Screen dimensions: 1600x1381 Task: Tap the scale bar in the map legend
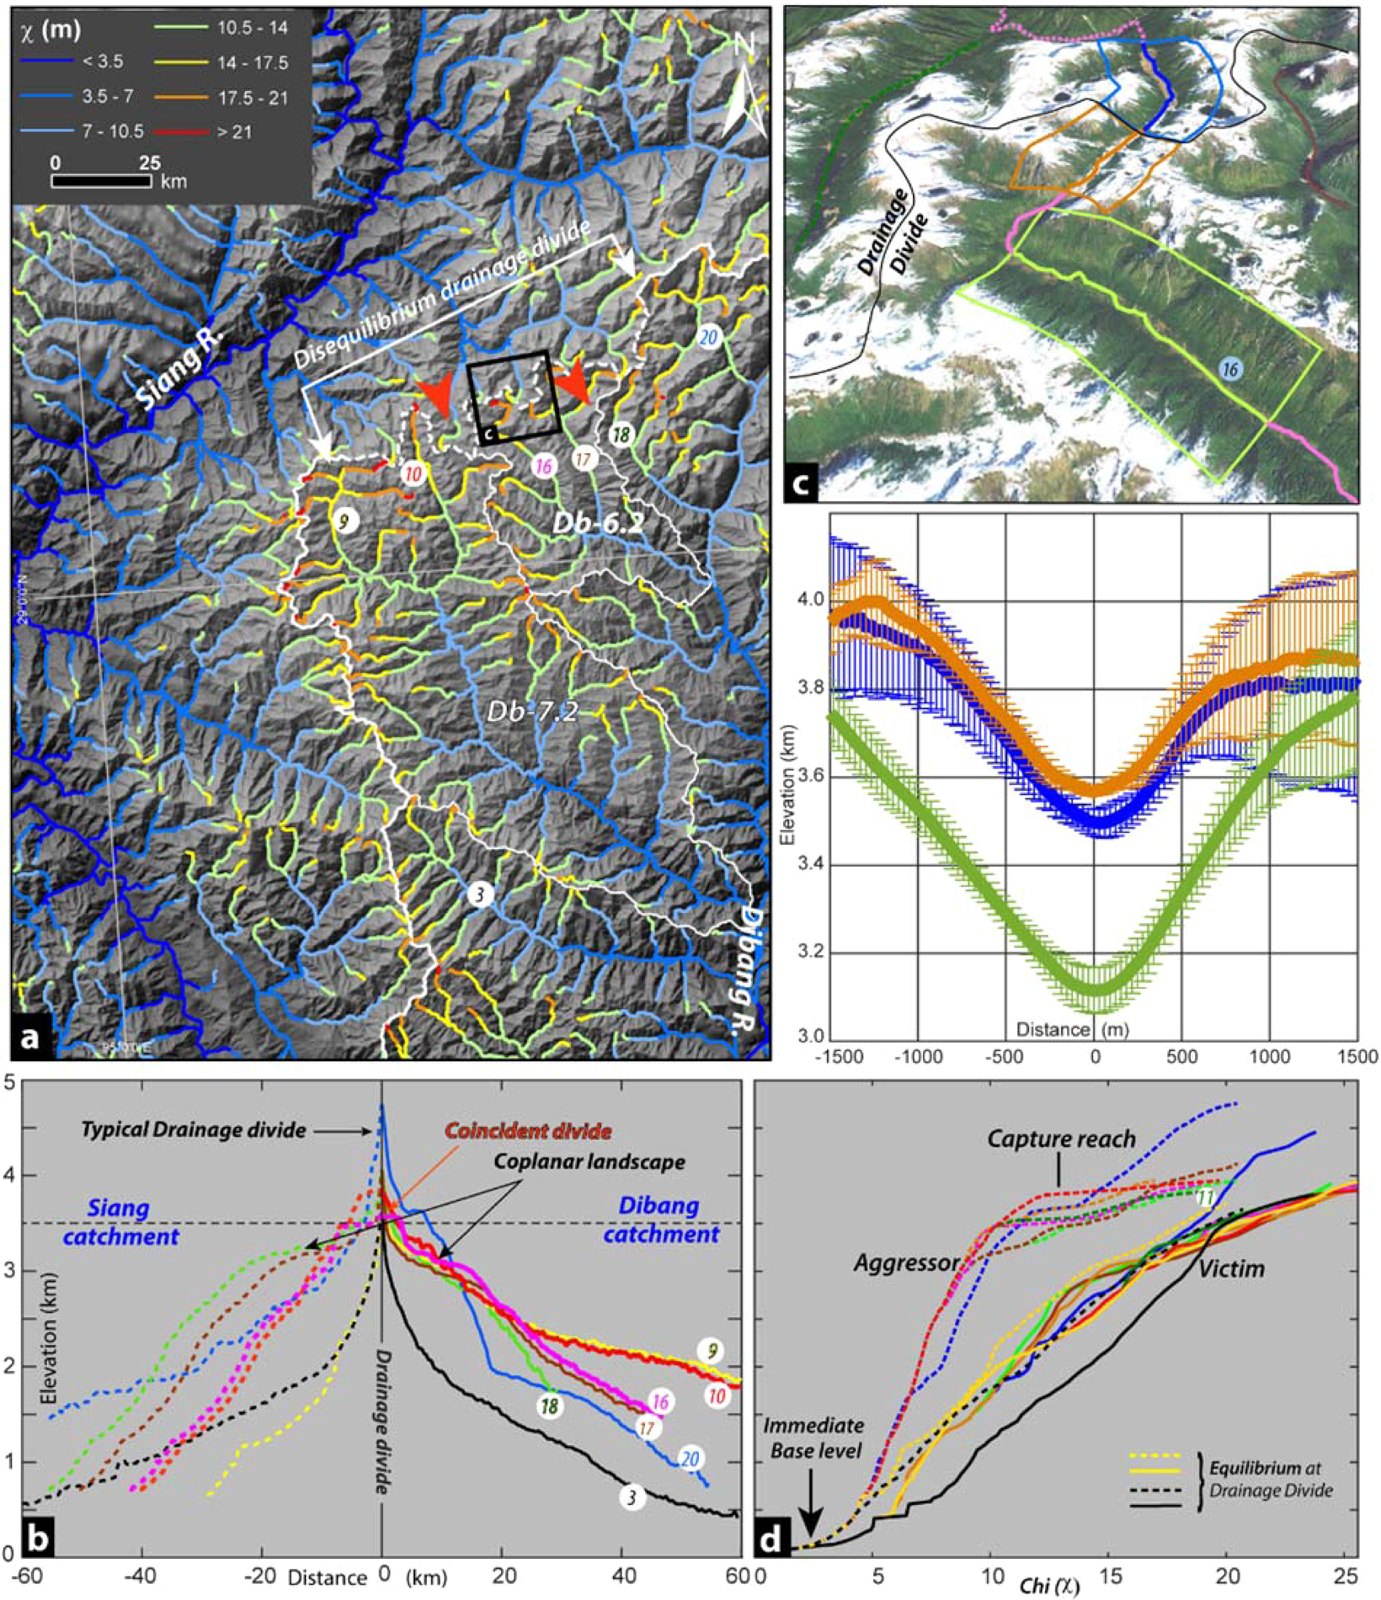[x=102, y=180]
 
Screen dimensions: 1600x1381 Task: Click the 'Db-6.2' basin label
[x=598, y=523]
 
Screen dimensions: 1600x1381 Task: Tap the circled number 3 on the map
[x=480, y=894]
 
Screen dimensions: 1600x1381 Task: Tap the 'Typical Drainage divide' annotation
[x=193, y=1130]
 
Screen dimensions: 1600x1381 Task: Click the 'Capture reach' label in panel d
[x=1061, y=1139]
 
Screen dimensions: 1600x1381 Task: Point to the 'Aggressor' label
[x=906, y=1262]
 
